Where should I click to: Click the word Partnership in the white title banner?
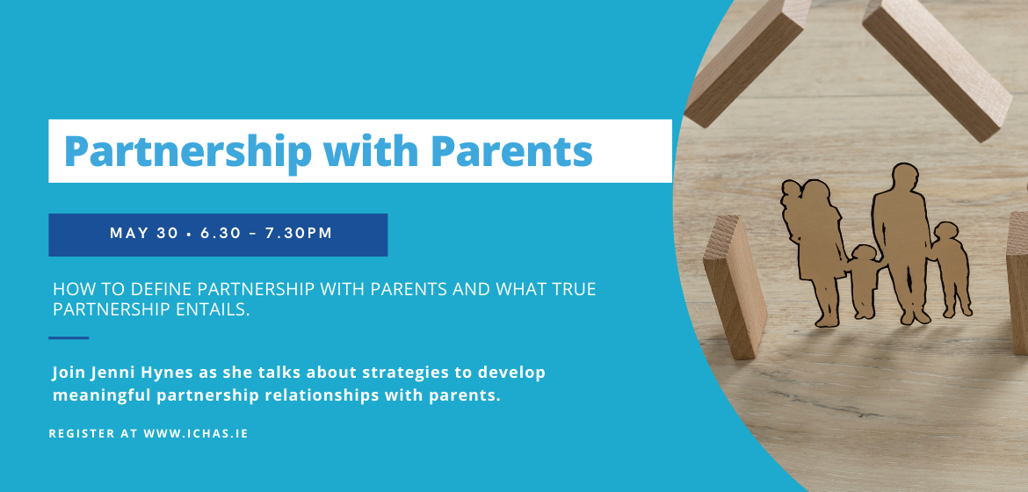187,151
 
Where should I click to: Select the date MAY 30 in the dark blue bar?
144,234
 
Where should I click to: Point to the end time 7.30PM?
299,234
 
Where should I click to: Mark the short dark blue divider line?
69,338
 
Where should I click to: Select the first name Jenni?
106,373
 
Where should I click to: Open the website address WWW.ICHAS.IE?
196,434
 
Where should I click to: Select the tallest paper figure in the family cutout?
901,243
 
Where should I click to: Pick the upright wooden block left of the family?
735,287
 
